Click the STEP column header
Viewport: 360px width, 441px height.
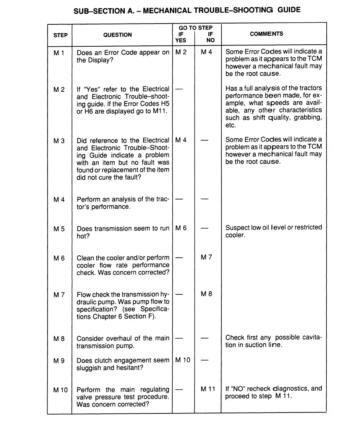click(61, 35)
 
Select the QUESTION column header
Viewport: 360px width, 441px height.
click(117, 35)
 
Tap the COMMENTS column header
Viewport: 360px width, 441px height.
click(267, 34)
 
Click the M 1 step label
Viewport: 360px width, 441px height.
click(59, 52)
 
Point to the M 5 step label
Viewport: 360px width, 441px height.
click(59, 229)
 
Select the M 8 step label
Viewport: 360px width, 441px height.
click(59, 338)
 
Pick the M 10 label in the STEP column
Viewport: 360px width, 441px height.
click(60, 390)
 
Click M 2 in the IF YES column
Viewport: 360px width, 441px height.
click(181, 52)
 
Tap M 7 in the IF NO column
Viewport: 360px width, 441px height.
click(206, 257)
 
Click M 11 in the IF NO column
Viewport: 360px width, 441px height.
click(208, 389)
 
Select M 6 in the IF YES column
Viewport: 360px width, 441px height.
click(181, 229)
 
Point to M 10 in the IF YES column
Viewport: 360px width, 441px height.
click(182, 360)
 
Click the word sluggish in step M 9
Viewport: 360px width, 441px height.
click(89, 368)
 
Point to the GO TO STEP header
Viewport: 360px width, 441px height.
click(195, 28)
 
